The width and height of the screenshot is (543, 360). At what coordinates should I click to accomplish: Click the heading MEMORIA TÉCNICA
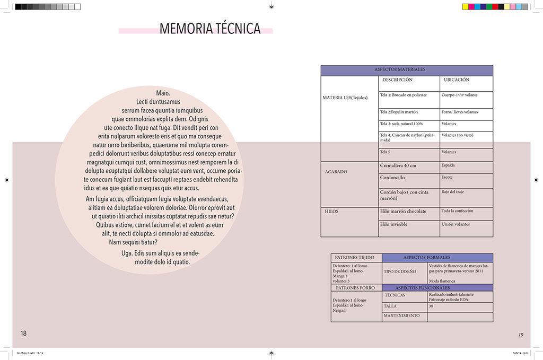210,28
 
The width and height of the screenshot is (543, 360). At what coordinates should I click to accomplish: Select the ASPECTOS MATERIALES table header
407,70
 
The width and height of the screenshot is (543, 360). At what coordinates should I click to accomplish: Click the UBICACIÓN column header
456,80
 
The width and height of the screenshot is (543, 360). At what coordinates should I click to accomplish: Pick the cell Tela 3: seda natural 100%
401,124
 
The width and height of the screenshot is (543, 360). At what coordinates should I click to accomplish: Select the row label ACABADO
336,172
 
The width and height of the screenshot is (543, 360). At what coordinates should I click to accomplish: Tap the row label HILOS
331,212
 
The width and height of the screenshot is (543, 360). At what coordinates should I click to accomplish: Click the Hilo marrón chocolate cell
403,212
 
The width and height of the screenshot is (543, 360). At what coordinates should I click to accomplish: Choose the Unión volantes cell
456,224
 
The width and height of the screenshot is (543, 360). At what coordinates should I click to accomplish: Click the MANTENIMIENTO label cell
401,316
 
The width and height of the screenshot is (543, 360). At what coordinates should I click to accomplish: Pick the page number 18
23,333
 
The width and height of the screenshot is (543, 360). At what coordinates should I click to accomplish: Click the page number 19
521,335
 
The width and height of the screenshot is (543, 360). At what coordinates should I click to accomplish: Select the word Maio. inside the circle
163,93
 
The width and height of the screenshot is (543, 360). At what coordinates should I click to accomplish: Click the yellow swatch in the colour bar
466,7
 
